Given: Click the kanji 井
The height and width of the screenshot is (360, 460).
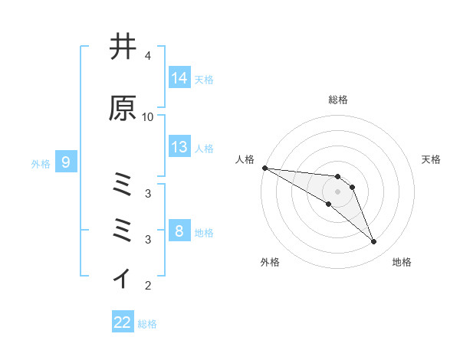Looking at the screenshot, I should pyautogui.click(x=123, y=47).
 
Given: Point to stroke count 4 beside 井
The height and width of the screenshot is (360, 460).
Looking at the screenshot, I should pyautogui.click(x=147, y=56).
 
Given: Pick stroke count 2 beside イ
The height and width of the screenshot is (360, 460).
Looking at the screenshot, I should pyautogui.click(x=147, y=286).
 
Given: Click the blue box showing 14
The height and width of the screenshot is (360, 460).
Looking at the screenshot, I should pyautogui.click(x=179, y=78).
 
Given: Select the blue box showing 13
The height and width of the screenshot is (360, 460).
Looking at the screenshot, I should pyautogui.click(x=179, y=147).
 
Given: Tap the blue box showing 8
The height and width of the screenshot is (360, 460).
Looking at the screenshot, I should pyautogui.click(x=179, y=231).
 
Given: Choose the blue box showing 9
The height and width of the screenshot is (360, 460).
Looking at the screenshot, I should pyautogui.click(x=66, y=162).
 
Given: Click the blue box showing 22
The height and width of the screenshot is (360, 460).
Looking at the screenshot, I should pyautogui.click(x=123, y=322).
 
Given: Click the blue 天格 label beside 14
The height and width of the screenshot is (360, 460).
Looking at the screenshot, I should pyautogui.click(x=204, y=79).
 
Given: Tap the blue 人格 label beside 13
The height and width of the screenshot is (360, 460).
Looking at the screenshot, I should pyautogui.click(x=204, y=148).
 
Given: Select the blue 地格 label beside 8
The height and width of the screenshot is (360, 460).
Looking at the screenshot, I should pyautogui.click(x=204, y=232).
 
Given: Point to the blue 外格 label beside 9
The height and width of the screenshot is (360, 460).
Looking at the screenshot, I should pyautogui.click(x=41, y=163).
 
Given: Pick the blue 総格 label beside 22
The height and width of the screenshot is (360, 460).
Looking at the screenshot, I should pyautogui.click(x=147, y=323).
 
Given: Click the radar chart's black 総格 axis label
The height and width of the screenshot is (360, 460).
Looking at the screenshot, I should pyautogui.click(x=338, y=100).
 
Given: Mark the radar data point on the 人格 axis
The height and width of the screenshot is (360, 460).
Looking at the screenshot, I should pyautogui.click(x=264, y=168).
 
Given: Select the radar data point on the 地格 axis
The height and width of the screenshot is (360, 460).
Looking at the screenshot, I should pyautogui.click(x=373, y=242).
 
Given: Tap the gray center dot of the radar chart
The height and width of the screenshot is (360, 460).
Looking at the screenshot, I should pyautogui.click(x=337, y=191).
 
